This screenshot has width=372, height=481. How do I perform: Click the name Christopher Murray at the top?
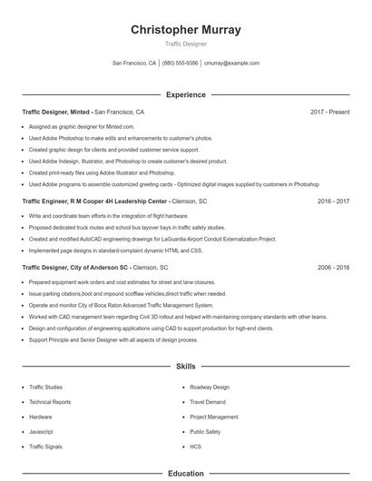186,30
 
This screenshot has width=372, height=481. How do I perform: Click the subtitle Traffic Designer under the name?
186,44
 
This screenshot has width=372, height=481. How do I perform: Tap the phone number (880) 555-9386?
180,64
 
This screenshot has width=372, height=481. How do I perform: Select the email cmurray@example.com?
231,64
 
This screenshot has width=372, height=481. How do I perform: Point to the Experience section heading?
186,94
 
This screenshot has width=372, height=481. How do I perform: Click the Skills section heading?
186,367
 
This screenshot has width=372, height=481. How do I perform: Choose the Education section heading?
186,473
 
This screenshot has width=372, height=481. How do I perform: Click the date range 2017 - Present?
329,113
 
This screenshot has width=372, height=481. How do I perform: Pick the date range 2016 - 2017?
333,201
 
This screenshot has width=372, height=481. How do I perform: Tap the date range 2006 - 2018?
333,268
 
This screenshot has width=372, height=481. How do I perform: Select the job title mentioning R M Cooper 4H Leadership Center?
94,201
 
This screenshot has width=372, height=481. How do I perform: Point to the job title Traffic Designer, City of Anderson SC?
76,268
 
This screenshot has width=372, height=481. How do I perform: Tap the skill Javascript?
42,432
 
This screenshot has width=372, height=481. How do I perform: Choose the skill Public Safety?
205,432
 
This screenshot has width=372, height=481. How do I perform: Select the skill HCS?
195,447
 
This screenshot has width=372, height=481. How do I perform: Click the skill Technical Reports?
50,402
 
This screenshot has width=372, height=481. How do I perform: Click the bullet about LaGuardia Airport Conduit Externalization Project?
152,238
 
